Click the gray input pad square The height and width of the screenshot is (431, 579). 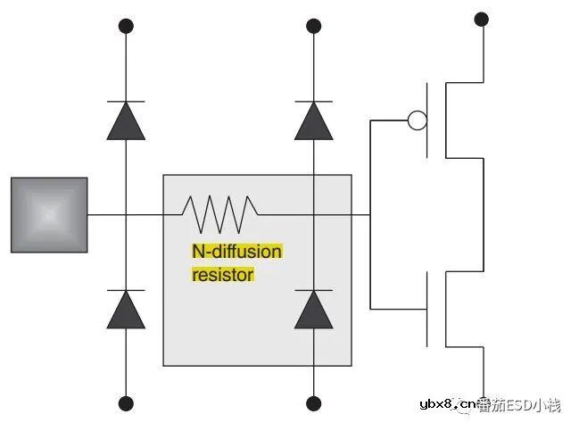49,215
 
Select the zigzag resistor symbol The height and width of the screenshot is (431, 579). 220,214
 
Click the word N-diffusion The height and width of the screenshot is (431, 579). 237,252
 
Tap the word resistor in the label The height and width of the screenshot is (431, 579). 223,275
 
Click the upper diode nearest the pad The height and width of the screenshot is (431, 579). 126,120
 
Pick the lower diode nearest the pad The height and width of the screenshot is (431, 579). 126,310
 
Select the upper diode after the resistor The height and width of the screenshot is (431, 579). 314,120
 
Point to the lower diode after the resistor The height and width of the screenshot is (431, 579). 314,310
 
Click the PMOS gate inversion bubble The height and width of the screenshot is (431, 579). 418,120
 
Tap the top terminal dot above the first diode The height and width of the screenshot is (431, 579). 126,26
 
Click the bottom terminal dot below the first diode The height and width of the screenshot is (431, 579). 126,403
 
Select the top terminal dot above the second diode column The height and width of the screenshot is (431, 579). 314,26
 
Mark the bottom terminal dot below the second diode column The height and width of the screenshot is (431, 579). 314,403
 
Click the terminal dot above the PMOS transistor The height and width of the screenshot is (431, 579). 481,20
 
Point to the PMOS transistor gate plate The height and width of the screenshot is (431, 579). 427,120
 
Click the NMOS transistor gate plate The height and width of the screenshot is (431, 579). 427,310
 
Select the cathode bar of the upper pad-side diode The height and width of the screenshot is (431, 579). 126,101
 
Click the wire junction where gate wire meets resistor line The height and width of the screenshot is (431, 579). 370,214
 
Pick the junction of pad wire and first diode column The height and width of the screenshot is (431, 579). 126,214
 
